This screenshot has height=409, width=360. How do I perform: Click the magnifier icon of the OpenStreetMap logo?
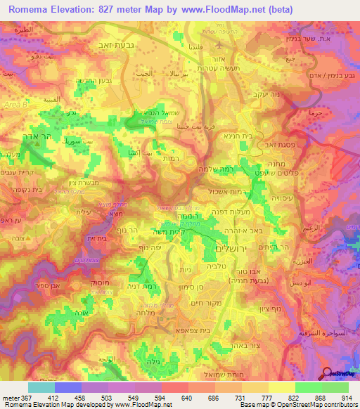click(327, 373)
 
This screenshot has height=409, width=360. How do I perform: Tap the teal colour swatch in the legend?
click(41, 387)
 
